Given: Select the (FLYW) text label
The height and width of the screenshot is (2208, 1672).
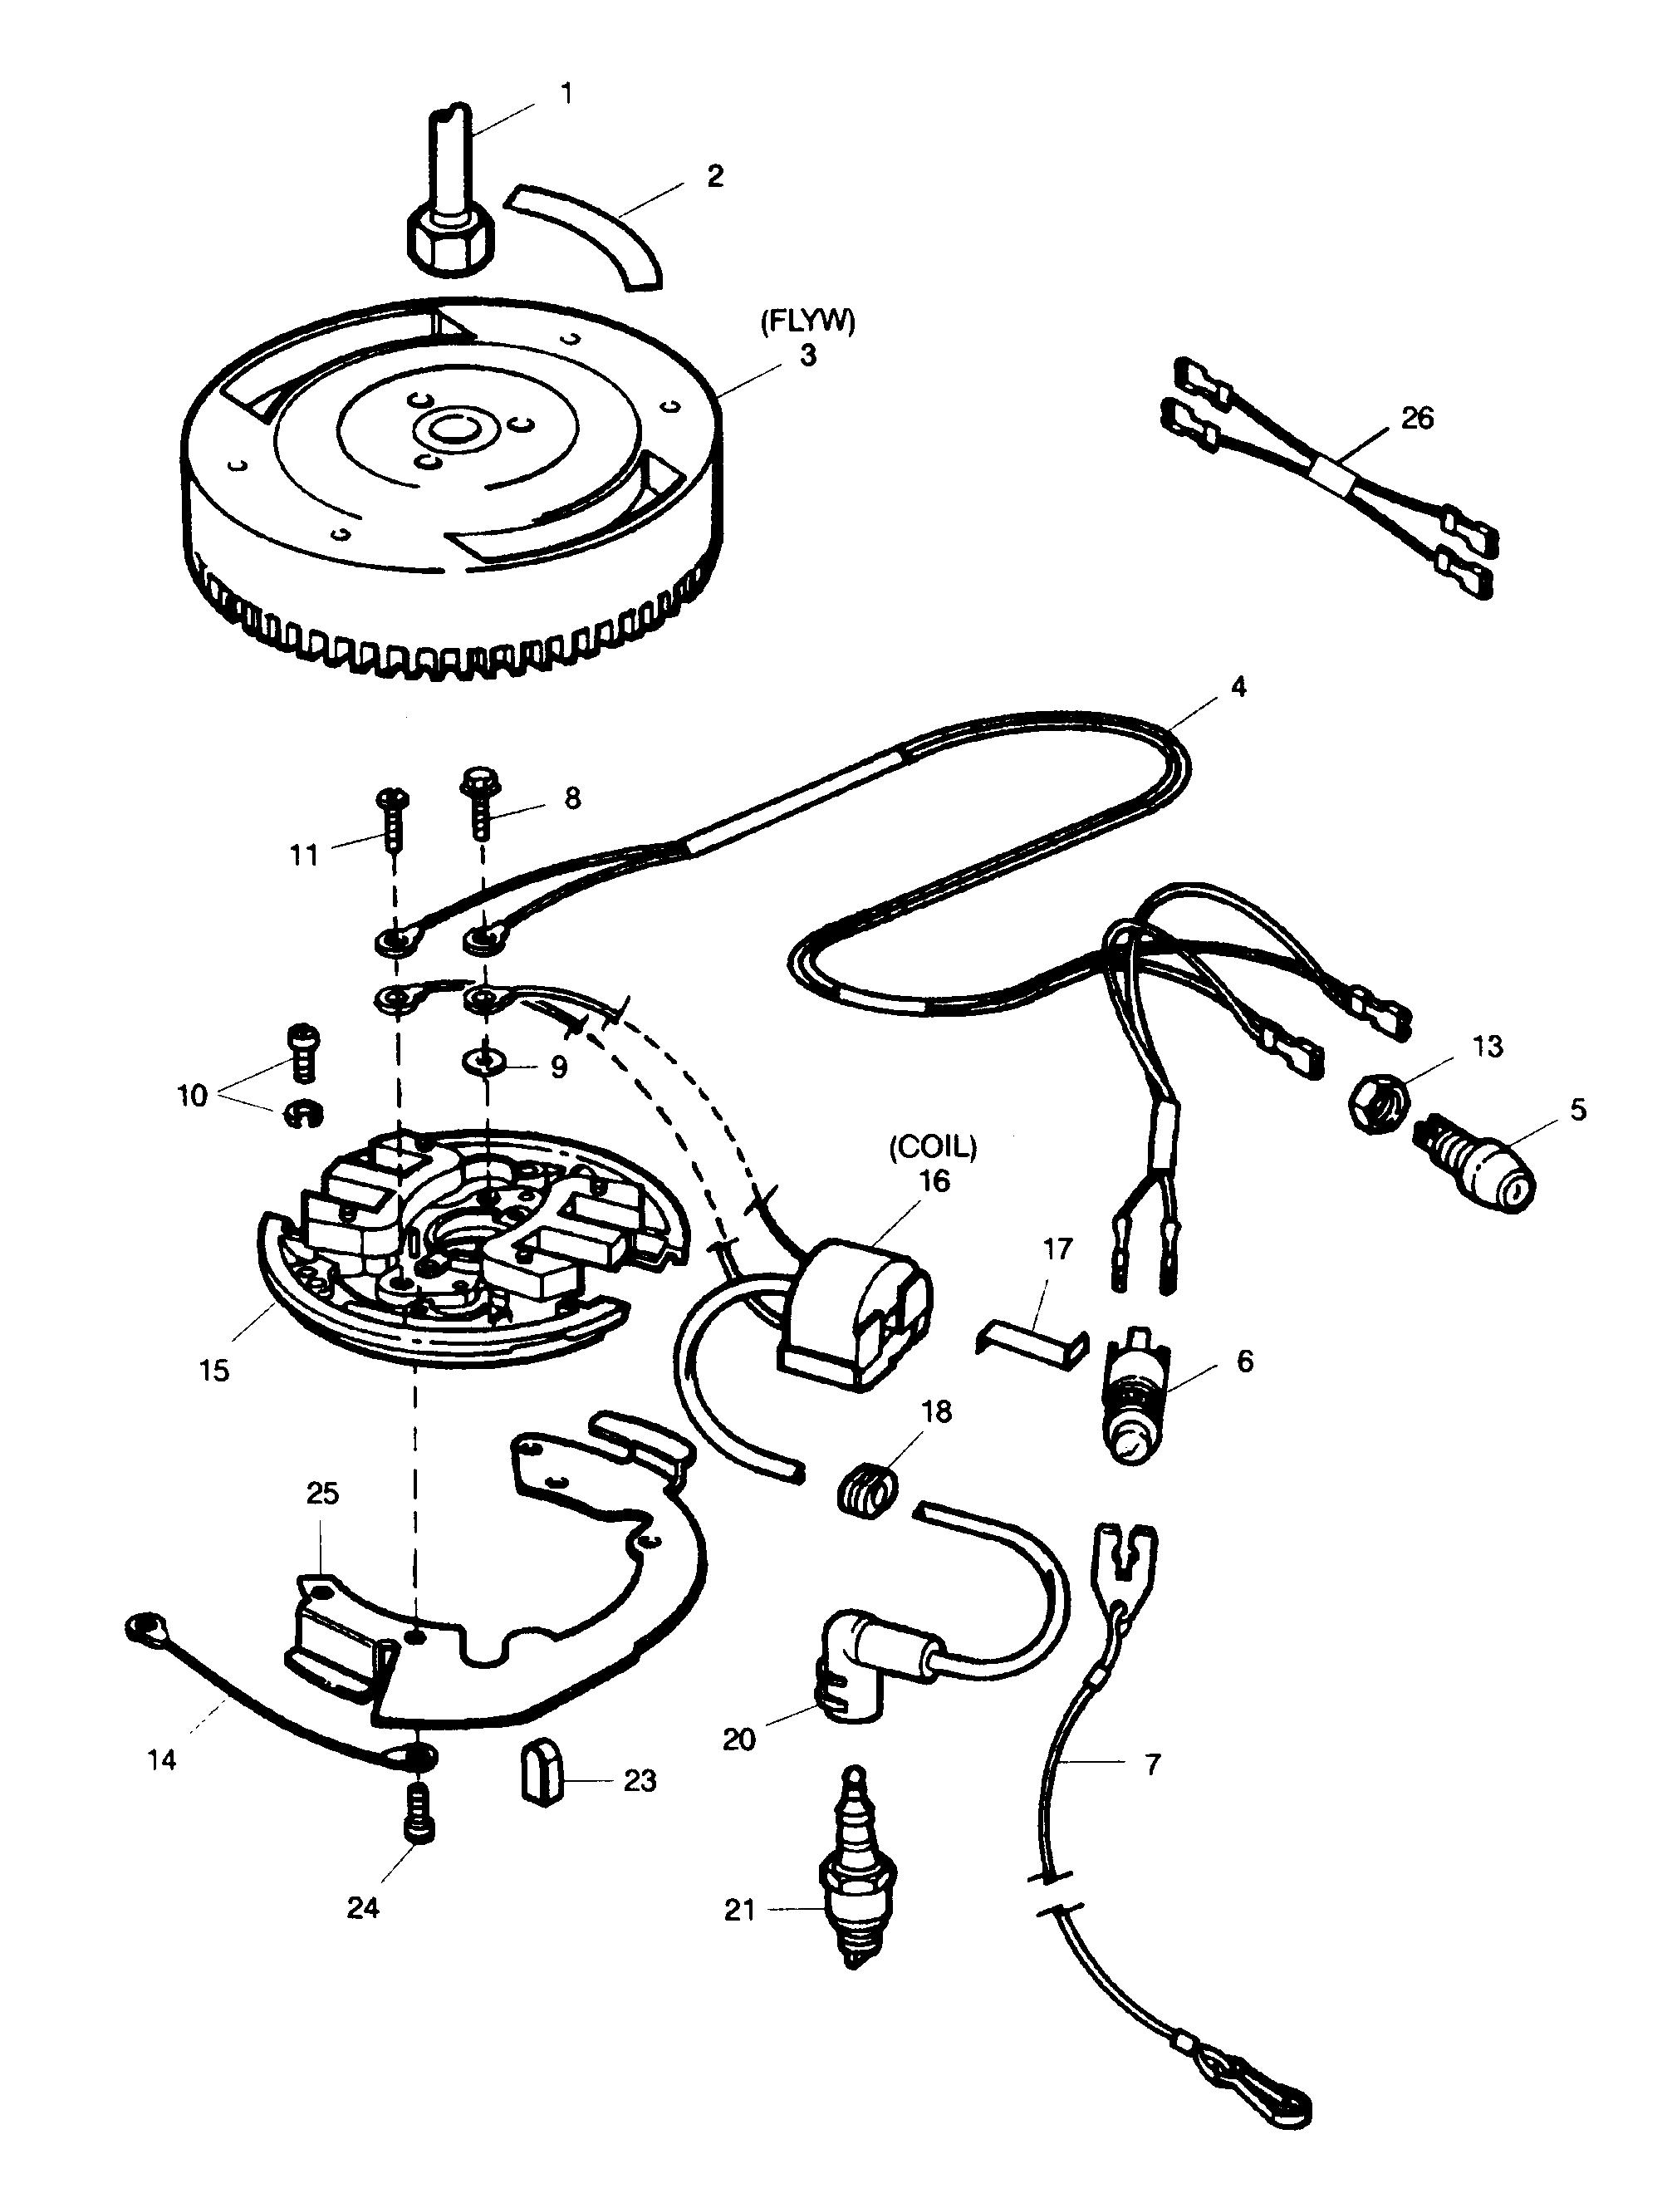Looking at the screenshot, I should click(807, 321).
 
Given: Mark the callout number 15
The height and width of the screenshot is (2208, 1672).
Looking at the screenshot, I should click(213, 1370).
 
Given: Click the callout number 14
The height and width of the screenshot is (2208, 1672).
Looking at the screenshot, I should click(162, 1759).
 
